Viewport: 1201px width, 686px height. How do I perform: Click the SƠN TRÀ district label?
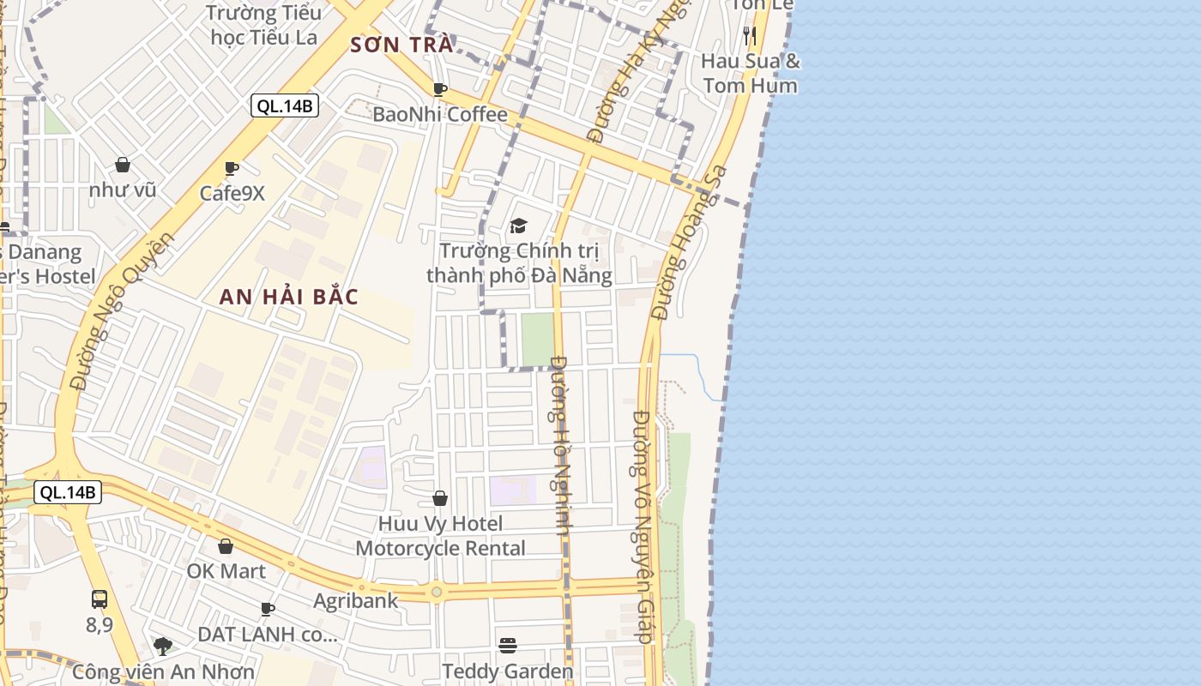click(x=401, y=45)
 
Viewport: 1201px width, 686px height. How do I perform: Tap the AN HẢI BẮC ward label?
click(x=288, y=297)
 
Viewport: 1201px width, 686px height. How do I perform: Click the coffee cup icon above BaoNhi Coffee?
click(x=439, y=89)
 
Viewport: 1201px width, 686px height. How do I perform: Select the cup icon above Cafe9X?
click(x=231, y=168)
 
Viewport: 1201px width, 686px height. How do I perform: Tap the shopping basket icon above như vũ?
click(x=123, y=165)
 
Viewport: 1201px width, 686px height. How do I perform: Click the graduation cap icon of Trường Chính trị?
click(x=518, y=226)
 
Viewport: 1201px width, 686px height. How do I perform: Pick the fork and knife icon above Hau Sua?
click(x=750, y=35)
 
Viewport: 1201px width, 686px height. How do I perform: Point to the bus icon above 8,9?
click(x=100, y=599)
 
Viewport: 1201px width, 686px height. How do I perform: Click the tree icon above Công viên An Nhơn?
click(x=162, y=646)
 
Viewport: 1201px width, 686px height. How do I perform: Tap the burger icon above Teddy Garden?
click(x=508, y=645)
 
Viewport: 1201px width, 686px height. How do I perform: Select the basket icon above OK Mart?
click(x=226, y=546)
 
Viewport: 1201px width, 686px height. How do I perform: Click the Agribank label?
click(x=355, y=600)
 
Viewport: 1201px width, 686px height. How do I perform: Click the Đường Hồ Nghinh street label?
click(x=561, y=446)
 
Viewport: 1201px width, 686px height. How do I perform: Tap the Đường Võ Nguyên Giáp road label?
click(x=643, y=527)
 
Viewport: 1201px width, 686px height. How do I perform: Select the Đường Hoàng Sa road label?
click(x=688, y=243)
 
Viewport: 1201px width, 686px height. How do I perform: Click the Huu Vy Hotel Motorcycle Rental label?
click(x=441, y=535)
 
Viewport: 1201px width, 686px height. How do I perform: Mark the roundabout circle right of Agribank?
click(x=437, y=591)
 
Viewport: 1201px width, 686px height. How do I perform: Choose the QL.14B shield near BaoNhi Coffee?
click(x=285, y=105)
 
